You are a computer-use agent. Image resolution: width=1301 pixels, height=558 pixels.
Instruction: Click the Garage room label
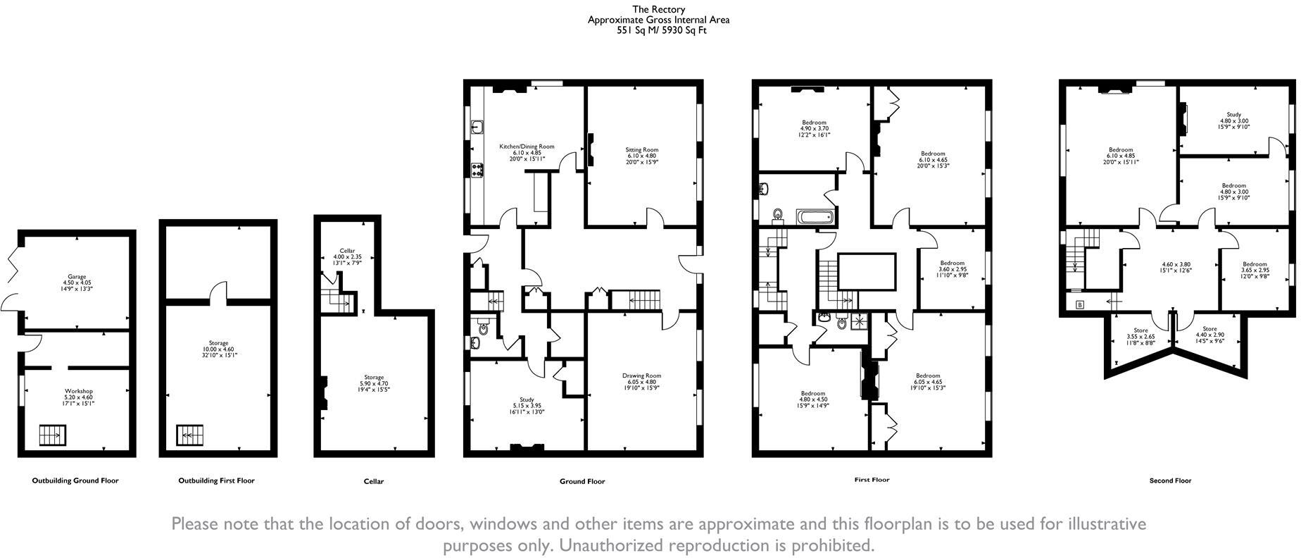77,277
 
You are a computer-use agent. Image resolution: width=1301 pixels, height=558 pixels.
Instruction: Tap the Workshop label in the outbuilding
79,391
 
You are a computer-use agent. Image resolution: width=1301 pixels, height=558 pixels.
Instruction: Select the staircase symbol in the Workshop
51,435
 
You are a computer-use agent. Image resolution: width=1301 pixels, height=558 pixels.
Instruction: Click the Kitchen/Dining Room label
527,147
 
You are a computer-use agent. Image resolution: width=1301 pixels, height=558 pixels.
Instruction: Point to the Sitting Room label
641,149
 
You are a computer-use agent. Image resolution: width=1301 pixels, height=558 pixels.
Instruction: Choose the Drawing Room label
641,376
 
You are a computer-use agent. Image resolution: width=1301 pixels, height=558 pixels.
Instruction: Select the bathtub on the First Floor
816,216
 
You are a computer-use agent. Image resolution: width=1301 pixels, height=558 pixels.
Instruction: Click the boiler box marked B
1080,325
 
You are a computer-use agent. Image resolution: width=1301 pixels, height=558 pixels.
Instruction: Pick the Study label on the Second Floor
1233,114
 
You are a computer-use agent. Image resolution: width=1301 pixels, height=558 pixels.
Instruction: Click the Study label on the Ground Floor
527,399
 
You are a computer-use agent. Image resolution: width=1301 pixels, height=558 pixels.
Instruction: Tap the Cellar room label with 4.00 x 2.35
347,251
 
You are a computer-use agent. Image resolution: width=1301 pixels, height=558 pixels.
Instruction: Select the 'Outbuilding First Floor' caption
216,480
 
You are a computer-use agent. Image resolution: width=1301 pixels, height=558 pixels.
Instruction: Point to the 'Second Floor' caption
1170,480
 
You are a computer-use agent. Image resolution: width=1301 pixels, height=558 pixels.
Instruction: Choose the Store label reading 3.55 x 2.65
1140,330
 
